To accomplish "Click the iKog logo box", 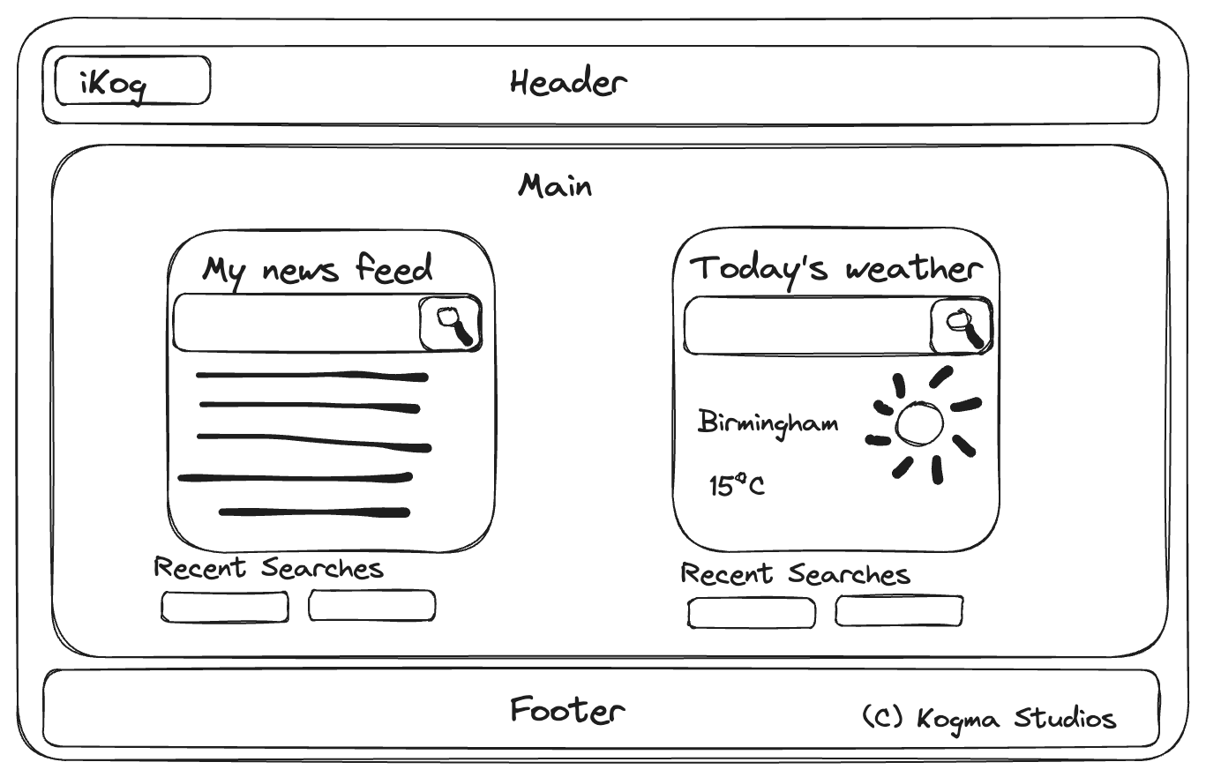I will pos(132,81).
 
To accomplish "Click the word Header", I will pos(568,83).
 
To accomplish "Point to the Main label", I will pos(555,186).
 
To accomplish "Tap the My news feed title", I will pos(318,269).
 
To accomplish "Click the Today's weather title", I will pos(835,268).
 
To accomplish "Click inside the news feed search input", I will pos(296,324).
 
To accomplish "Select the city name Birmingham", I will pos(768,423).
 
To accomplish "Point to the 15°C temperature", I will pos(737,485).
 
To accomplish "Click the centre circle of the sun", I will pos(918,424).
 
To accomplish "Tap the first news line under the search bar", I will pos(311,376).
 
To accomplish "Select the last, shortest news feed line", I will pos(314,512).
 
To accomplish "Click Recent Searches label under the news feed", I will pos(269,568).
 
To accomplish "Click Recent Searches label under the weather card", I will pos(795,574).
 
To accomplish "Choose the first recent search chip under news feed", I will pos(224,607).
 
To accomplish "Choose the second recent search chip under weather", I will pos(899,611).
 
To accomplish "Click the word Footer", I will pos(567,710).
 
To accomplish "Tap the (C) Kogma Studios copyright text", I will pos(989,718).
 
